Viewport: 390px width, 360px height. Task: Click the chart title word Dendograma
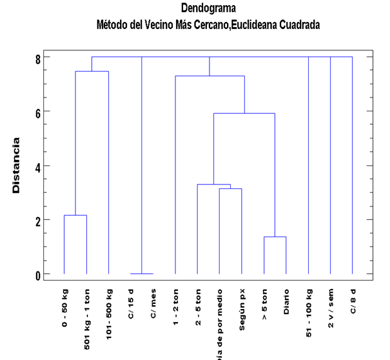(208, 9)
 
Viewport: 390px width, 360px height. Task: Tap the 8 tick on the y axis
(37, 58)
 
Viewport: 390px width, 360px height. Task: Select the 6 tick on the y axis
(37, 112)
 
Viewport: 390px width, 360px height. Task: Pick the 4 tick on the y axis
(37, 166)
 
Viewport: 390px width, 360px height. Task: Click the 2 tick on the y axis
(37, 220)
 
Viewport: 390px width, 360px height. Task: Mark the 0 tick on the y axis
(37, 274)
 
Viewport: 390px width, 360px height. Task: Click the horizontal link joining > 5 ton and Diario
(275, 237)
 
